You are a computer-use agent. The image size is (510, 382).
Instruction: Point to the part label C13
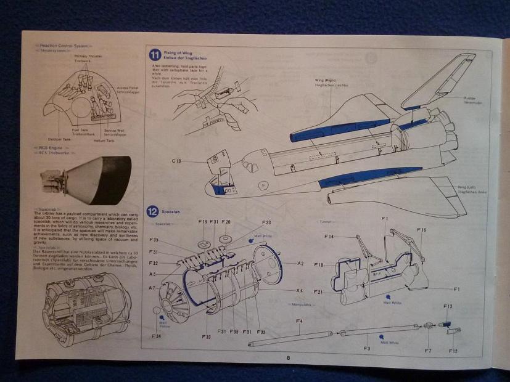[x=179, y=161]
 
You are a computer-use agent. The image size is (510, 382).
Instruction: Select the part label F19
[x=202, y=222]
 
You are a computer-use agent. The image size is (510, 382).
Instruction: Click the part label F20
[x=226, y=222]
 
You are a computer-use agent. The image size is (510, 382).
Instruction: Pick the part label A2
[x=300, y=264]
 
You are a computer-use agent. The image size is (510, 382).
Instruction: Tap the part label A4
[x=300, y=290]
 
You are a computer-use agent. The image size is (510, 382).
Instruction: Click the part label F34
[x=157, y=336]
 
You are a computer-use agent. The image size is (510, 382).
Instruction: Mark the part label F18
[x=319, y=265]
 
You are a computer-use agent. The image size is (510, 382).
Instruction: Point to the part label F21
[x=319, y=291]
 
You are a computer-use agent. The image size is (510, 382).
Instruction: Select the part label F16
[x=421, y=229]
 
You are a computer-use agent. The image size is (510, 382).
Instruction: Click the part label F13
[x=447, y=306]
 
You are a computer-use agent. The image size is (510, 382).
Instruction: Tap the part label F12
[x=453, y=351]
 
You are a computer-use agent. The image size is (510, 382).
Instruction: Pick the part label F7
[x=427, y=351]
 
